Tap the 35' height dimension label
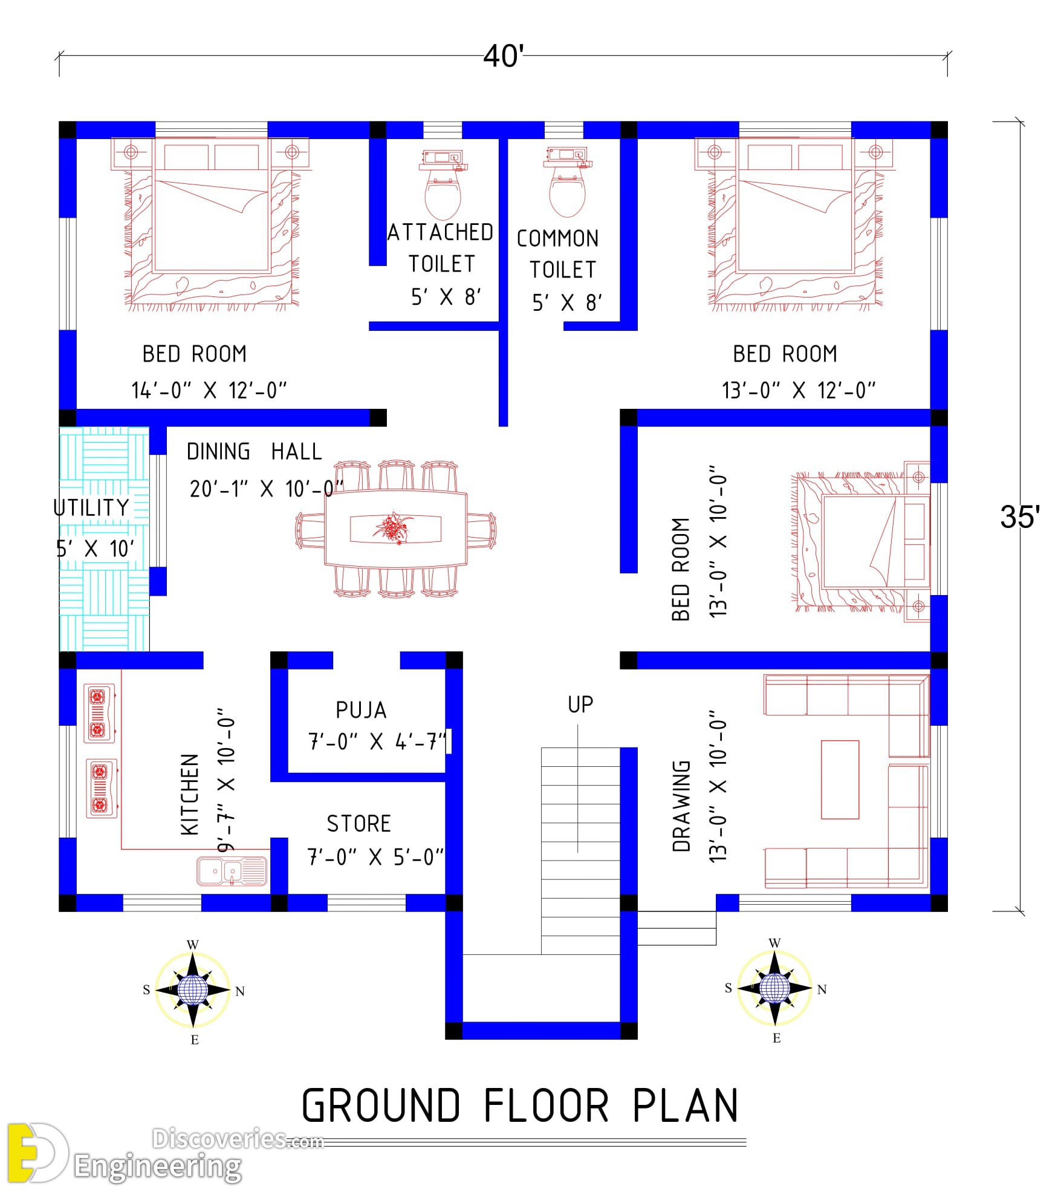(x=1020, y=517)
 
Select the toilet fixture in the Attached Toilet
(x=443, y=184)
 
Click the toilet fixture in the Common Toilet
(x=568, y=181)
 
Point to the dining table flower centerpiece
(x=394, y=527)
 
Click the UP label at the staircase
(x=580, y=704)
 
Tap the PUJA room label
(x=361, y=710)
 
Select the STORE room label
(x=359, y=824)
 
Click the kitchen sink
(x=232, y=871)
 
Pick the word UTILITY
(x=91, y=507)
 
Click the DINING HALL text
(x=254, y=452)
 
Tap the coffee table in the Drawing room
(x=840, y=780)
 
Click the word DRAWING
(x=681, y=806)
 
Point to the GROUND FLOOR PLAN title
(x=520, y=1106)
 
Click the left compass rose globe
(x=193, y=990)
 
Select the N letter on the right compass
(x=822, y=989)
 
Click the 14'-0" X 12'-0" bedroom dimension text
(x=209, y=391)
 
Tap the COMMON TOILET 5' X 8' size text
(x=567, y=302)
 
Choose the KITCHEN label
(x=190, y=795)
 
